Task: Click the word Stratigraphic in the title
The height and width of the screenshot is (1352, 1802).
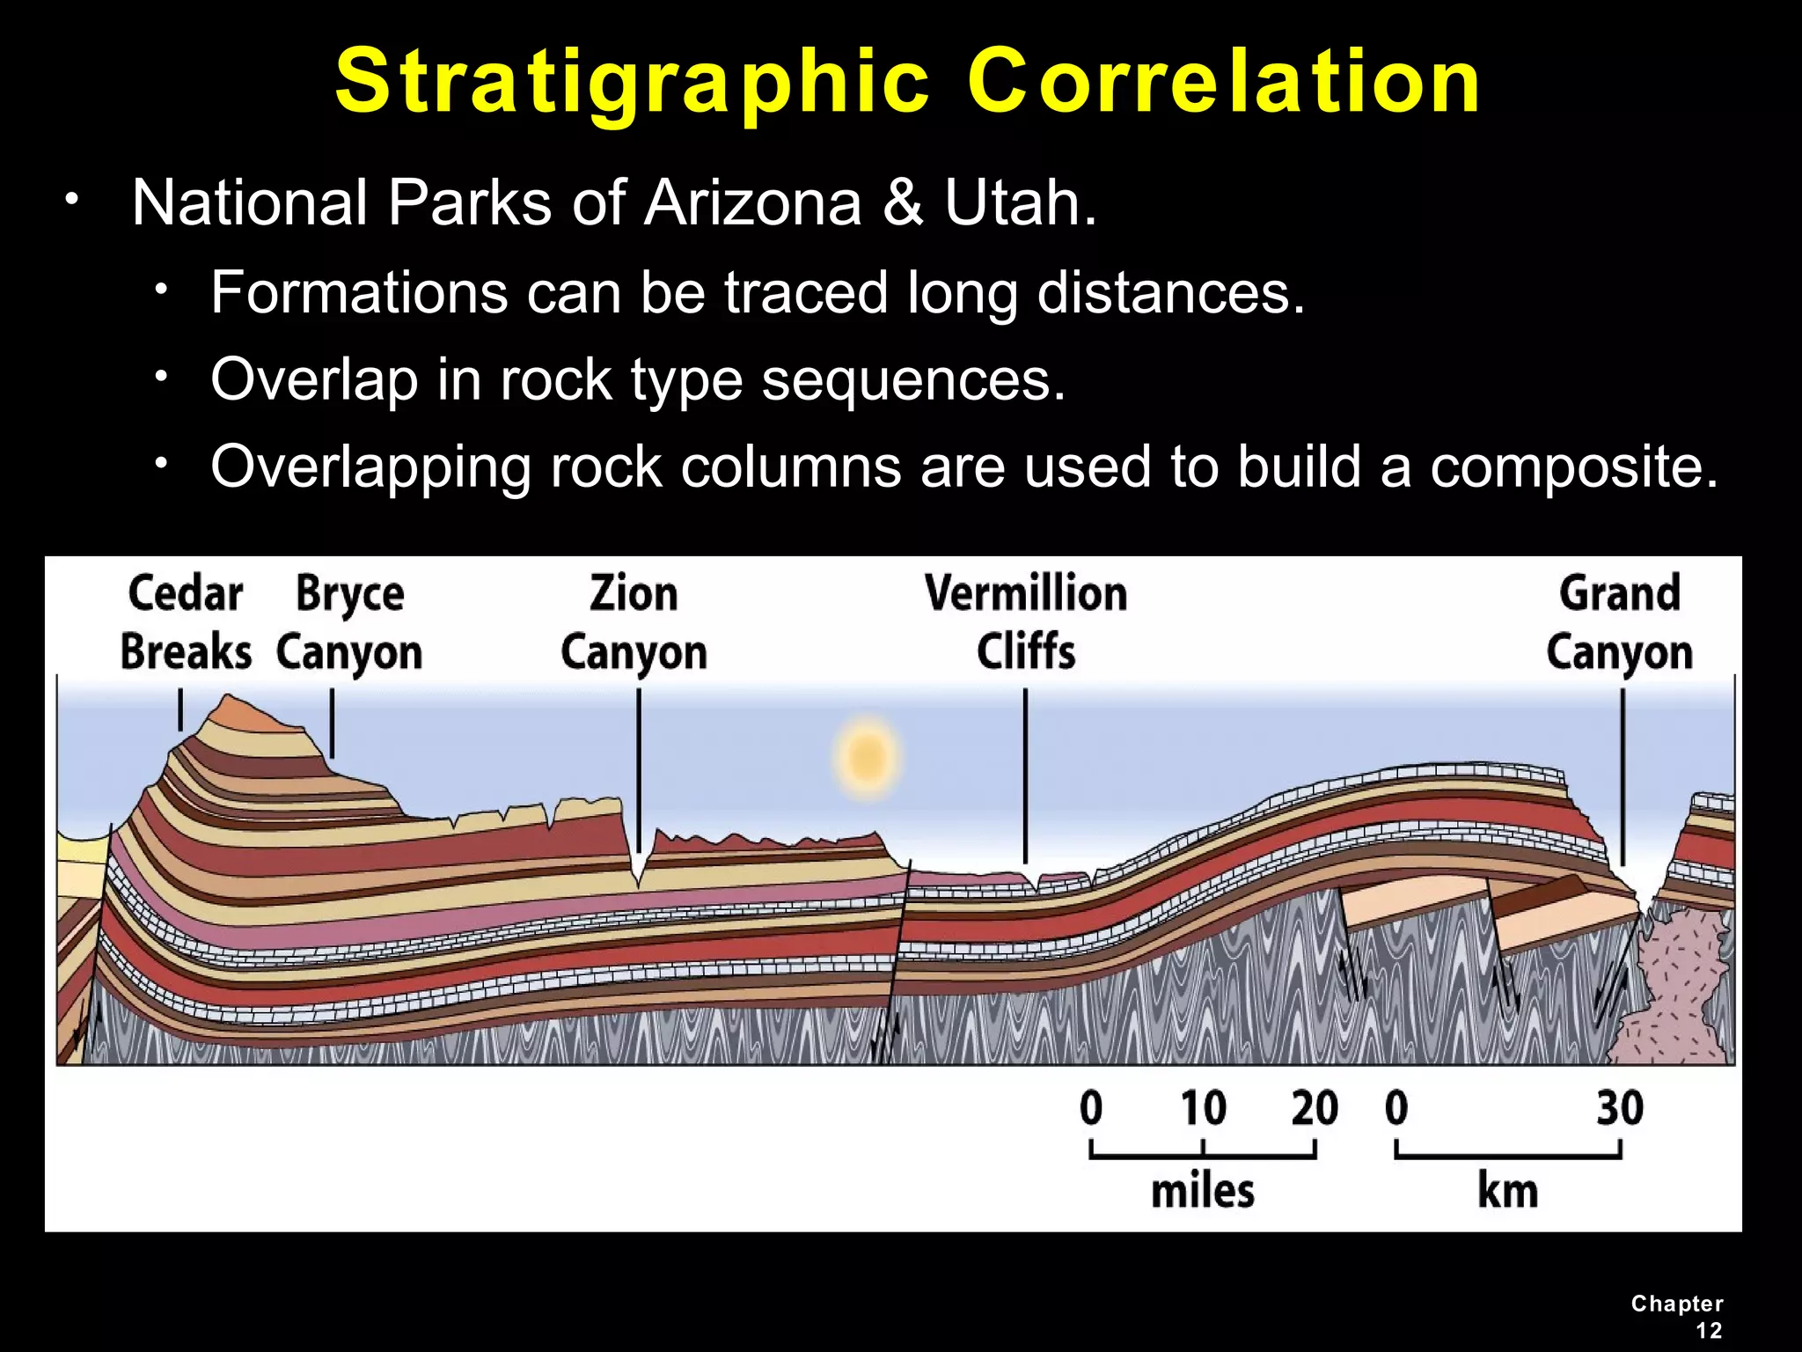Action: pyautogui.click(x=632, y=83)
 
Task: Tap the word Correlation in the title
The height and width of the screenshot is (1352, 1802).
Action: pyautogui.click(x=1224, y=83)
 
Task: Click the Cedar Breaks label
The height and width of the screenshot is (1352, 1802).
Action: pyautogui.click(x=186, y=623)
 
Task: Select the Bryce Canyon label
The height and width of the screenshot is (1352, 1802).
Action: pyautogui.click(x=349, y=623)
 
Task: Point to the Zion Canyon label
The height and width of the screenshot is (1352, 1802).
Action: pyautogui.click(x=634, y=623)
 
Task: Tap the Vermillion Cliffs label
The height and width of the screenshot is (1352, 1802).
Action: pyautogui.click(x=1026, y=623)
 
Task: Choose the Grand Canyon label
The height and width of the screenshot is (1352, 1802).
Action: pyautogui.click(x=1620, y=623)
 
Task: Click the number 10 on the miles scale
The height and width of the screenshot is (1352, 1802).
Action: pyautogui.click(x=1203, y=1108)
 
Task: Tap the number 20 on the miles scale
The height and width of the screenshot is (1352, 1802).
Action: pyautogui.click(x=1315, y=1108)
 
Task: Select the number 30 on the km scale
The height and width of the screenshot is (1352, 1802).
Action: pyautogui.click(x=1619, y=1108)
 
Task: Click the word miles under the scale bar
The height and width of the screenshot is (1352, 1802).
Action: pyautogui.click(x=1203, y=1191)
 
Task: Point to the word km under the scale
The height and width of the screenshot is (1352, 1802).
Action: pyautogui.click(x=1507, y=1191)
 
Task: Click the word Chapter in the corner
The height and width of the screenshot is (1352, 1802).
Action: pyautogui.click(x=1676, y=1304)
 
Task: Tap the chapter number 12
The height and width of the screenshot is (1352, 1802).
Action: pyautogui.click(x=1709, y=1331)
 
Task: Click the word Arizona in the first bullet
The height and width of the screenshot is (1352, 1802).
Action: pyautogui.click(x=752, y=203)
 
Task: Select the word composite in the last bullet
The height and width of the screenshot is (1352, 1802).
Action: pyautogui.click(x=1573, y=467)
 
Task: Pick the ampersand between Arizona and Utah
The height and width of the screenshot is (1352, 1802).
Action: pyautogui.click(x=903, y=203)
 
